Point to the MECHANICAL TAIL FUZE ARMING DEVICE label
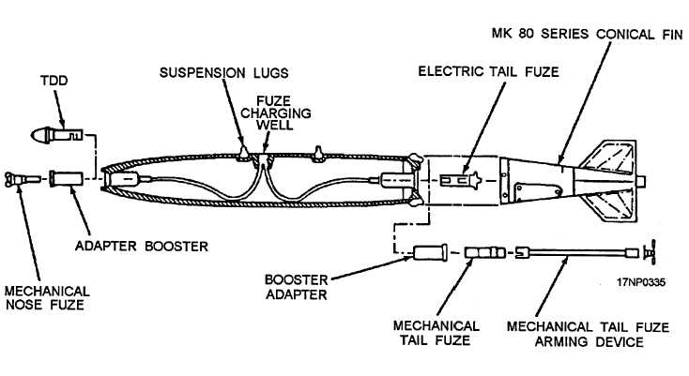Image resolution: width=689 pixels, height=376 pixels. (588, 334)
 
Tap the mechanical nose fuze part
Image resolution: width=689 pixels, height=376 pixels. (22, 177)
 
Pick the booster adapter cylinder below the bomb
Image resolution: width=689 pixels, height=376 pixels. (433, 252)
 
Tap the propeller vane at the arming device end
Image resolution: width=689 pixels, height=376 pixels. (649, 252)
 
